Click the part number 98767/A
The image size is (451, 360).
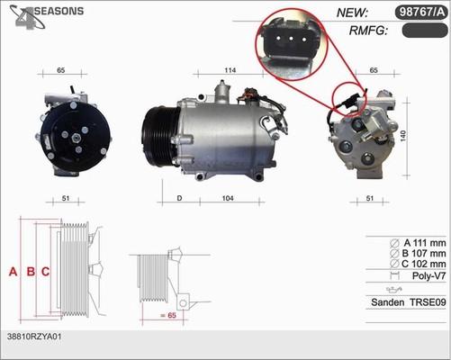[x=419, y=13]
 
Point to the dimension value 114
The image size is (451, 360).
[x=230, y=70]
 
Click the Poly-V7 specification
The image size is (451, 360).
[x=426, y=277]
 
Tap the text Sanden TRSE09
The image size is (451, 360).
[x=408, y=302]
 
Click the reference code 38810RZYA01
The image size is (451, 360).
[x=33, y=335]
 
